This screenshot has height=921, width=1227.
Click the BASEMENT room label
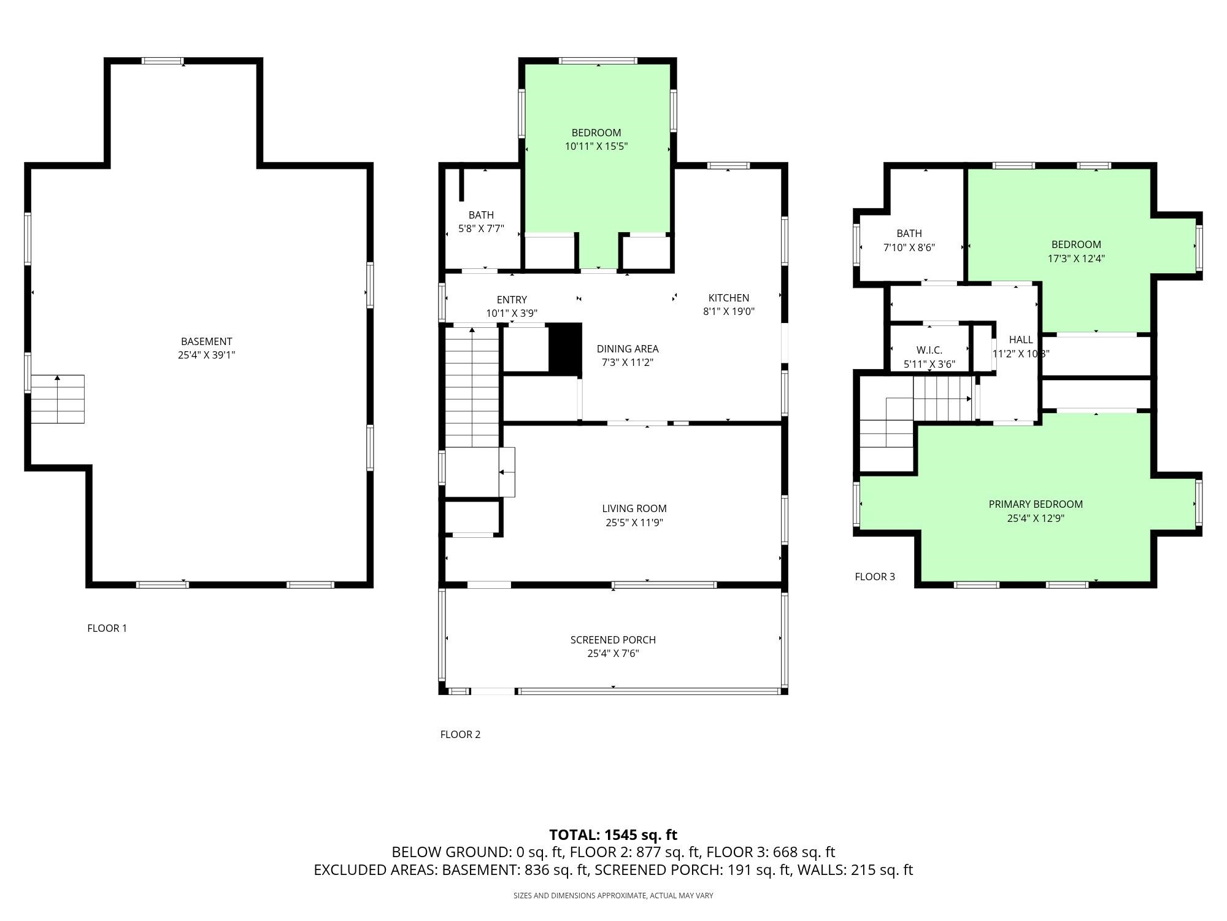click(x=206, y=341)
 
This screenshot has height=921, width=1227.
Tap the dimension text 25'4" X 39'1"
click(x=207, y=355)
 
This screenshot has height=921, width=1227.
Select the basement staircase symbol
click(x=58, y=399)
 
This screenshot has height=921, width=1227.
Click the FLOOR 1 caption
click(x=107, y=628)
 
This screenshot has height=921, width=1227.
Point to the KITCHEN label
click(x=729, y=298)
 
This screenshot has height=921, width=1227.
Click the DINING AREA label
click(x=628, y=349)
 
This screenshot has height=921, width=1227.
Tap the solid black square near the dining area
click(x=564, y=348)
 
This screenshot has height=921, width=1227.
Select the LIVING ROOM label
click(x=634, y=508)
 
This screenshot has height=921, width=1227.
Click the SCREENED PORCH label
click(x=613, y=640)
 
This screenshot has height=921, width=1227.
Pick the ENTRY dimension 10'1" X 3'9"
click(x=512, y=313)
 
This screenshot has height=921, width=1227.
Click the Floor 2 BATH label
click(x=481, y=215)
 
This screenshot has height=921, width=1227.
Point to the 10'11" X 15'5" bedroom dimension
click(x=596, y=146)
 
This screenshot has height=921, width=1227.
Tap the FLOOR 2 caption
click(x=460, y=734)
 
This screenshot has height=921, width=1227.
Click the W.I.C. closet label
click(x=929, y=350)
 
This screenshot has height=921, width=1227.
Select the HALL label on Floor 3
click(x=1021, y=340)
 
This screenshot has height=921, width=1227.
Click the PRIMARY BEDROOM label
click(x=1036, y=504)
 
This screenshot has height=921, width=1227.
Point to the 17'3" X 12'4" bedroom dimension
click(x=1076, y=258)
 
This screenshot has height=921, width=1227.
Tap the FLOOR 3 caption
click(x=875, y=577)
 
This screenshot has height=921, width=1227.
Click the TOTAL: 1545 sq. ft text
click(x=613, y=835)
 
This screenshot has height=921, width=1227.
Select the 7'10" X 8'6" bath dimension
click(x=909, y=247)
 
